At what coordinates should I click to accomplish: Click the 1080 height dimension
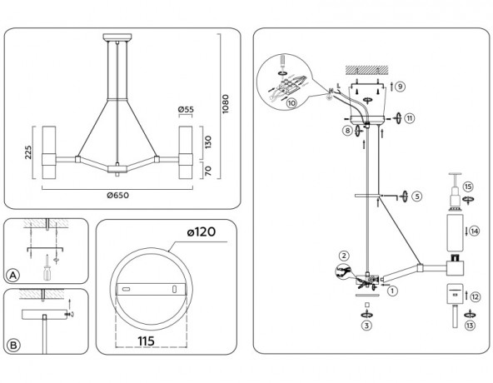[x=224, y=104]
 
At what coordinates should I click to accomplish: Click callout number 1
[x=392, y=291]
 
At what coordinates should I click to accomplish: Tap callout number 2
[x=342, y=255]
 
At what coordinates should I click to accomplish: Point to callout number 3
[x=366, y=326]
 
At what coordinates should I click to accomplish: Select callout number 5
[x=416, y=197]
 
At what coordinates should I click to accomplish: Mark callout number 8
[x=345, y=131]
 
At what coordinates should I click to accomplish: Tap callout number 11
[x=409, y=118]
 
